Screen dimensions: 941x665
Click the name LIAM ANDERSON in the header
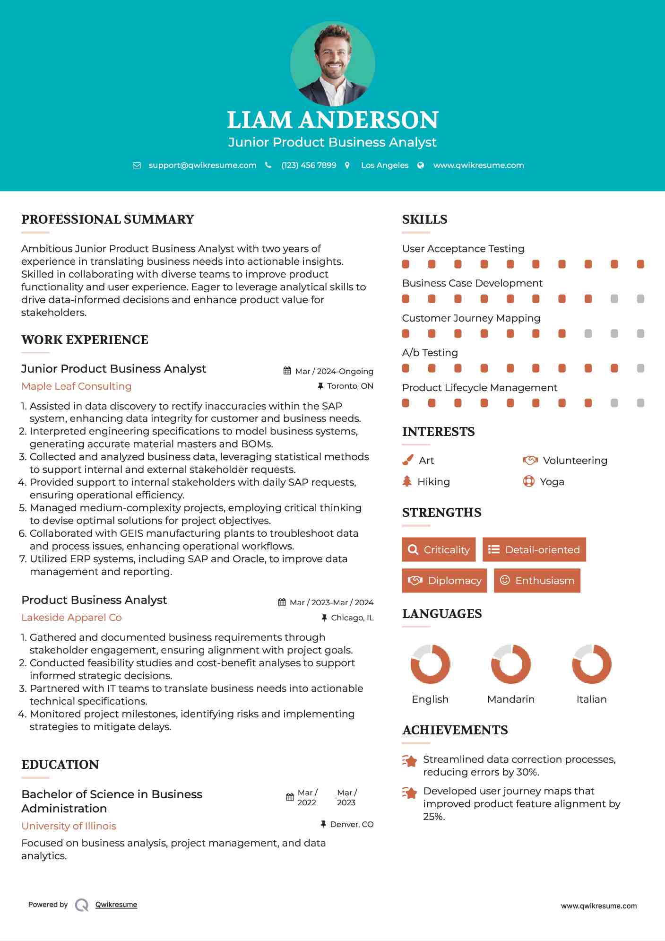332,120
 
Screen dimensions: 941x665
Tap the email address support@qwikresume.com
202,165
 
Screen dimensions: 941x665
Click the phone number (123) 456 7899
309,165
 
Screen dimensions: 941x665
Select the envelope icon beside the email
137,165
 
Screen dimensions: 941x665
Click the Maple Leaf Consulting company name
76,386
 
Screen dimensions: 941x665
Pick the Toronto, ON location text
350,386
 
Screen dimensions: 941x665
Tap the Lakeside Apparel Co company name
71,618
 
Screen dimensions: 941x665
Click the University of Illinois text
69,826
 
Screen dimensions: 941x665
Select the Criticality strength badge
439,549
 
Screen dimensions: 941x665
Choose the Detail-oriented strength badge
534,549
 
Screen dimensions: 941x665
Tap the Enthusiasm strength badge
537,580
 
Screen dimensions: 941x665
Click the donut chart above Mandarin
510,664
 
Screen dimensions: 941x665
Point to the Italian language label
591,699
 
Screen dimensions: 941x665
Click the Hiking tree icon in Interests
407,481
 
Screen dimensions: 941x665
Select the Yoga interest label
552,481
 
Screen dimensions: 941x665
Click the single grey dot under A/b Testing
640,368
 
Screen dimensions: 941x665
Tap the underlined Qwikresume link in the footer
116,905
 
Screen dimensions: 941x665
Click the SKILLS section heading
424,219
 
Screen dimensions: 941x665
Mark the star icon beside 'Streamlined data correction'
409,761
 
